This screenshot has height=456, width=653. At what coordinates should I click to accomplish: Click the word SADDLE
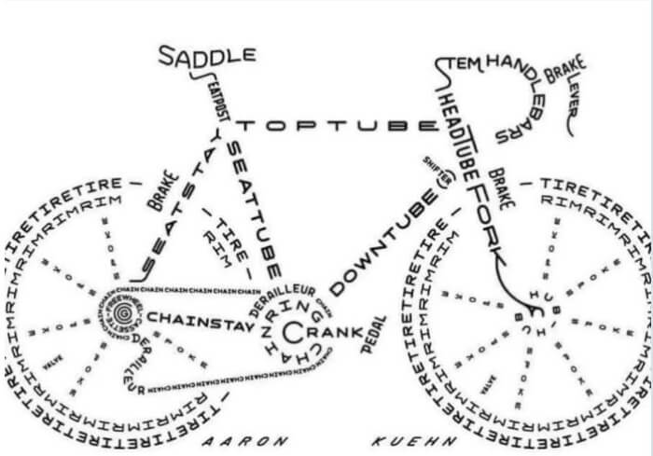click(x=206, y=55)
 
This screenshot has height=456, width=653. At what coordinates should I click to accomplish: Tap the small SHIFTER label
click(x=437, y=168)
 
